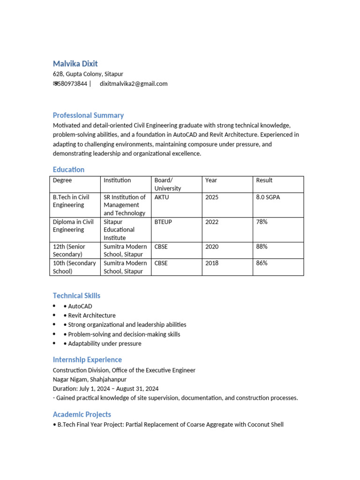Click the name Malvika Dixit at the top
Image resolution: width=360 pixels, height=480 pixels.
click(75, 64)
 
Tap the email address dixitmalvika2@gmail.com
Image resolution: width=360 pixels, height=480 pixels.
click(134, 84)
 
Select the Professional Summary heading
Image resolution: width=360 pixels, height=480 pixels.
click(88, 115)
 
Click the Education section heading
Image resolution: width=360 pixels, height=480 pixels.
click(68, 170)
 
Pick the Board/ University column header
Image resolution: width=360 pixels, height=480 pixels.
click(168, 184)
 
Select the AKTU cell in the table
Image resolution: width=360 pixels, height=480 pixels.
click(162, 197)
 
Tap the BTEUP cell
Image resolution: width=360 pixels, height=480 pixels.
click(163, 222)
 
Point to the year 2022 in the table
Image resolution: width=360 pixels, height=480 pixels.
click(212, 222)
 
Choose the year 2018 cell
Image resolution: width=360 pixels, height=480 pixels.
click(212, 263)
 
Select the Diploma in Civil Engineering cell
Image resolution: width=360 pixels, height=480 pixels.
click(73, 226)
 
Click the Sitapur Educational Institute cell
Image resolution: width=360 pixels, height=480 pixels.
click(119, 230)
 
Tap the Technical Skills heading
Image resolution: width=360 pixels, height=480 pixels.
click(76, 296)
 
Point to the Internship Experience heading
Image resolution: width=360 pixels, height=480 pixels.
click(87, 360)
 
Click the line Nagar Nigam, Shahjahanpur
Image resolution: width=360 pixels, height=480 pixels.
click(90, 379)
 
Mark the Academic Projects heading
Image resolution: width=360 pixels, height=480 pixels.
click(82, 414)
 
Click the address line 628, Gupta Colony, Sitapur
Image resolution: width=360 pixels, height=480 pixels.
click(88, 74)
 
